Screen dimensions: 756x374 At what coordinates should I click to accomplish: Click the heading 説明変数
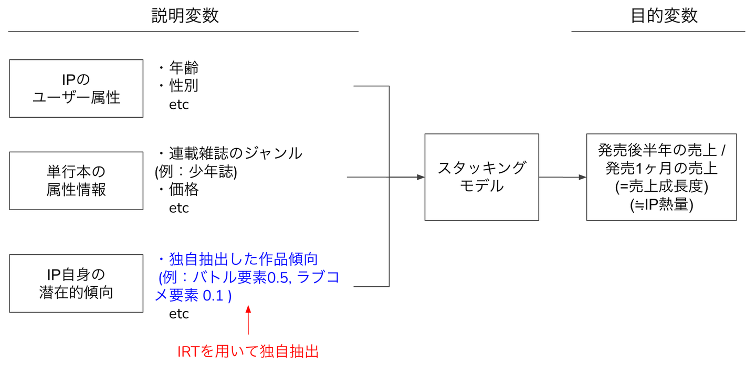(x=185, y=16)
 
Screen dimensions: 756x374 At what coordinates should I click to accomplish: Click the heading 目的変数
(x=664, y=16)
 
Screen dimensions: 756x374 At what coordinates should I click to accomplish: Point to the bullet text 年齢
(x=184, y=68)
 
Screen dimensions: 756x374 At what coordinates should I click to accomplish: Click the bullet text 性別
(x=184, y=86)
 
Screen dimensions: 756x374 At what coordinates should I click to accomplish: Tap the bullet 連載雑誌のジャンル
(x=235, y=153)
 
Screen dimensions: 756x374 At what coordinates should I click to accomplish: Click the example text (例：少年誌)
(x=196, y=171)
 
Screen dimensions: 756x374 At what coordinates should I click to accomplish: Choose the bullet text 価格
(x=184, y=189)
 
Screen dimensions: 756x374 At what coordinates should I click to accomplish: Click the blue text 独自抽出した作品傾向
(x=243, y=259)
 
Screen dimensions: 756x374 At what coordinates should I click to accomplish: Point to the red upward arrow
(x=248, y=320)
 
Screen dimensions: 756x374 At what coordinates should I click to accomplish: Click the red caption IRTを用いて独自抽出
(x=248, y=351)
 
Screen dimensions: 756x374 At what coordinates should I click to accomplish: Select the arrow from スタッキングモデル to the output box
(x=563, y=177)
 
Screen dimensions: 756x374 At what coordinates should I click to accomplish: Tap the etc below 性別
(x=179, y=105)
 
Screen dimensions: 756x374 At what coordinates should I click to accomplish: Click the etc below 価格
(x=179, y=208)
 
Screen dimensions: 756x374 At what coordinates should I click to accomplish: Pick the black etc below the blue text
(x=179, y=314)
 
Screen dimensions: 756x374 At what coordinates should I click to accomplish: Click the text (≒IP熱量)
(x=661, y=204)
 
